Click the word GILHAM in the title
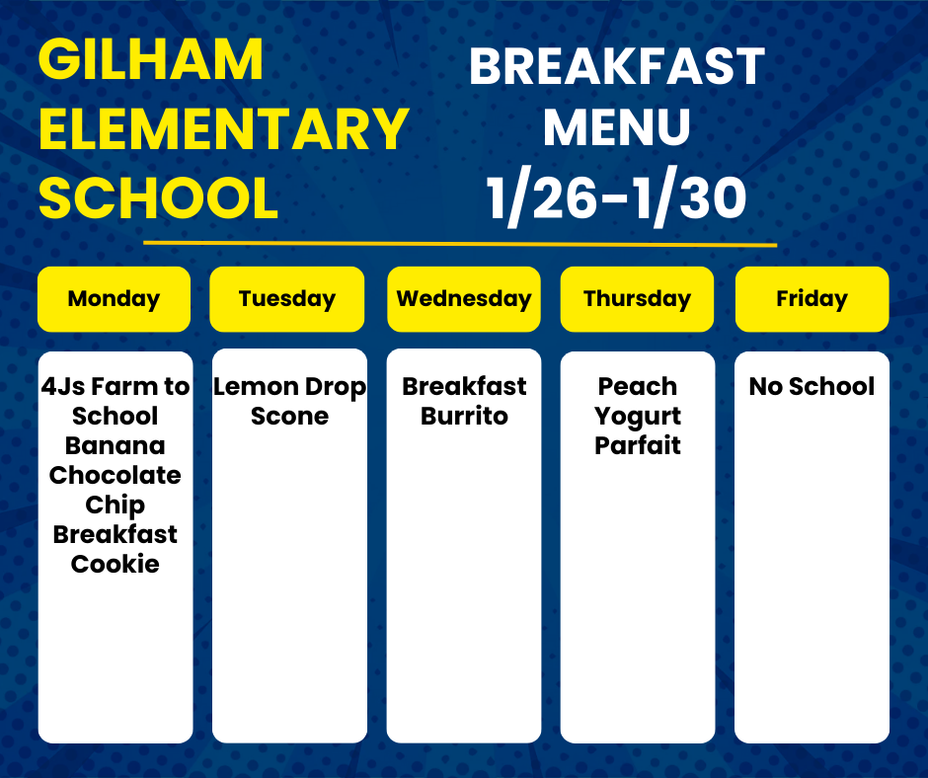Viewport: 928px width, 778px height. [151, 59]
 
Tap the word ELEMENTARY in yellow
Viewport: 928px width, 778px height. [224, 128]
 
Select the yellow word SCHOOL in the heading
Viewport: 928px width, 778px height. [159, 197]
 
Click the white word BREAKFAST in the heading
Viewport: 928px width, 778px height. [617, 67]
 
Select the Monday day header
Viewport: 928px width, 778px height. [114, 299]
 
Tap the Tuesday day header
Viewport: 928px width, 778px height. [287, 299]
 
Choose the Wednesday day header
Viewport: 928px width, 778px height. [464, 299]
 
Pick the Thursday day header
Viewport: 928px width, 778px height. [638, 299]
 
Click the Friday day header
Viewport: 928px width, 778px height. [812, 299]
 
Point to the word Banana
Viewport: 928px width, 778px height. [116, 446]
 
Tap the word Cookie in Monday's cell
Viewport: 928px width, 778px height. [116, 565]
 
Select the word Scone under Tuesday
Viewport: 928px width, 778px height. [289, 417]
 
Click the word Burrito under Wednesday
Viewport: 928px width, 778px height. [464, 417]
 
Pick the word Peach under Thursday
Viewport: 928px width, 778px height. [638, 387]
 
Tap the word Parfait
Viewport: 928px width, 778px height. [638, 446]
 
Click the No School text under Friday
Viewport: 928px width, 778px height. [812, 387]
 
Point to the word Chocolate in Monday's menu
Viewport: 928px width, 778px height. [116, 476]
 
